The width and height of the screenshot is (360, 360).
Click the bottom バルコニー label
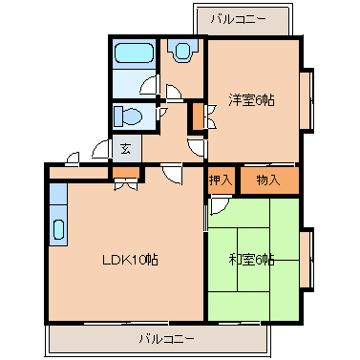(165, 338)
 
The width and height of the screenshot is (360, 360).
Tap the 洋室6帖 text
(252, 99)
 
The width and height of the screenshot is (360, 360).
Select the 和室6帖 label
(252, 259)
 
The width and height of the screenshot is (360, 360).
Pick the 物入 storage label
(267, 180)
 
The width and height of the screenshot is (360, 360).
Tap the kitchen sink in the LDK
(58, 229)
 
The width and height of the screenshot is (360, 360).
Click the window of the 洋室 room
(307, 98)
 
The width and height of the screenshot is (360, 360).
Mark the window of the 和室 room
(307, 258)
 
